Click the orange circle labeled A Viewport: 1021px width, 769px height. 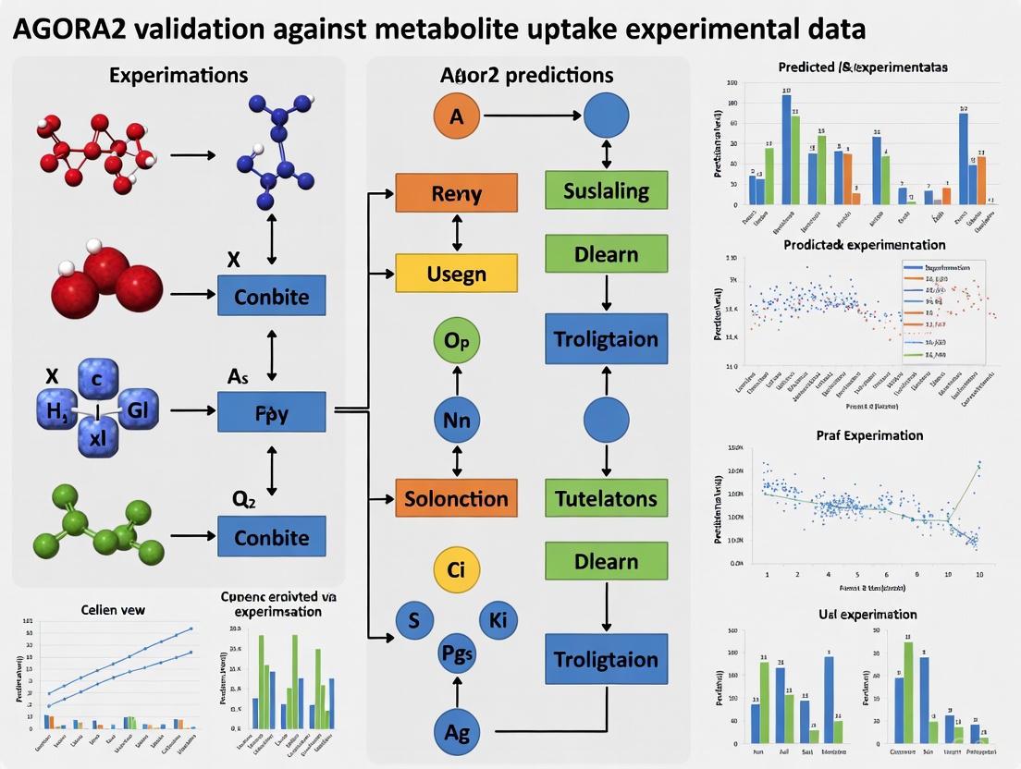point(456,116)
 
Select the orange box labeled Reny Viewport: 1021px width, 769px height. point(456,194)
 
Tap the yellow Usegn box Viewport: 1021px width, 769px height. point(456,274)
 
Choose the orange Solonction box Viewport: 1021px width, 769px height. point(456,499)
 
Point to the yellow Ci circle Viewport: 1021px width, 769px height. point(456,569)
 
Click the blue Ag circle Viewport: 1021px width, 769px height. point(456,732)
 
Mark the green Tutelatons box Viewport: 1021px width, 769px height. point(606,499)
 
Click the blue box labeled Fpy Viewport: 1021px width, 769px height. point(271,413)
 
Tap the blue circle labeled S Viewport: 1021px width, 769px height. point(413,621)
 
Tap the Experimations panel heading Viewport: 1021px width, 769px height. point(178,75)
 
